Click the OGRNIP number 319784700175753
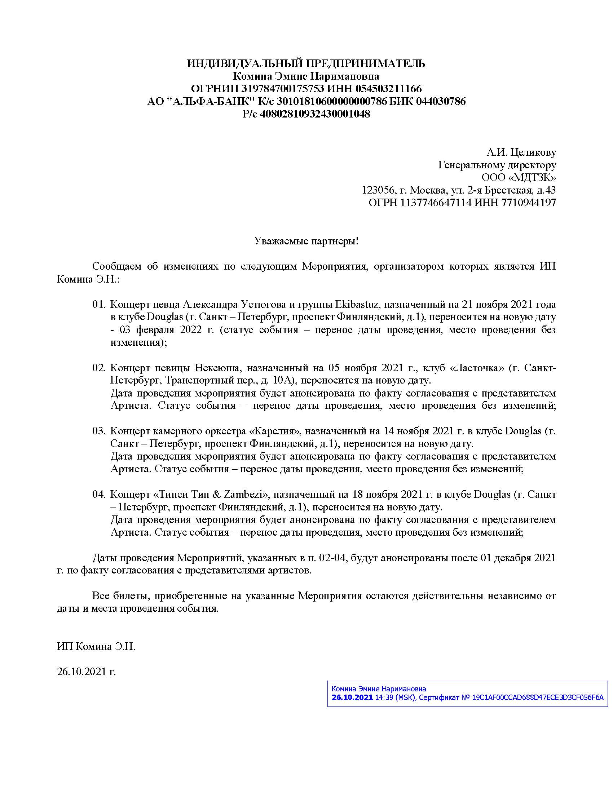(x=283, y=89)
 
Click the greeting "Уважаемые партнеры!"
(x=306, y=241)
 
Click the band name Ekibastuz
(x=357, y=304)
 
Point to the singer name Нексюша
(x=218, y=368)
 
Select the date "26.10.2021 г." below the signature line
(x=87, y=672)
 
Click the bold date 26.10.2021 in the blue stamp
(x=352, y=698)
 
